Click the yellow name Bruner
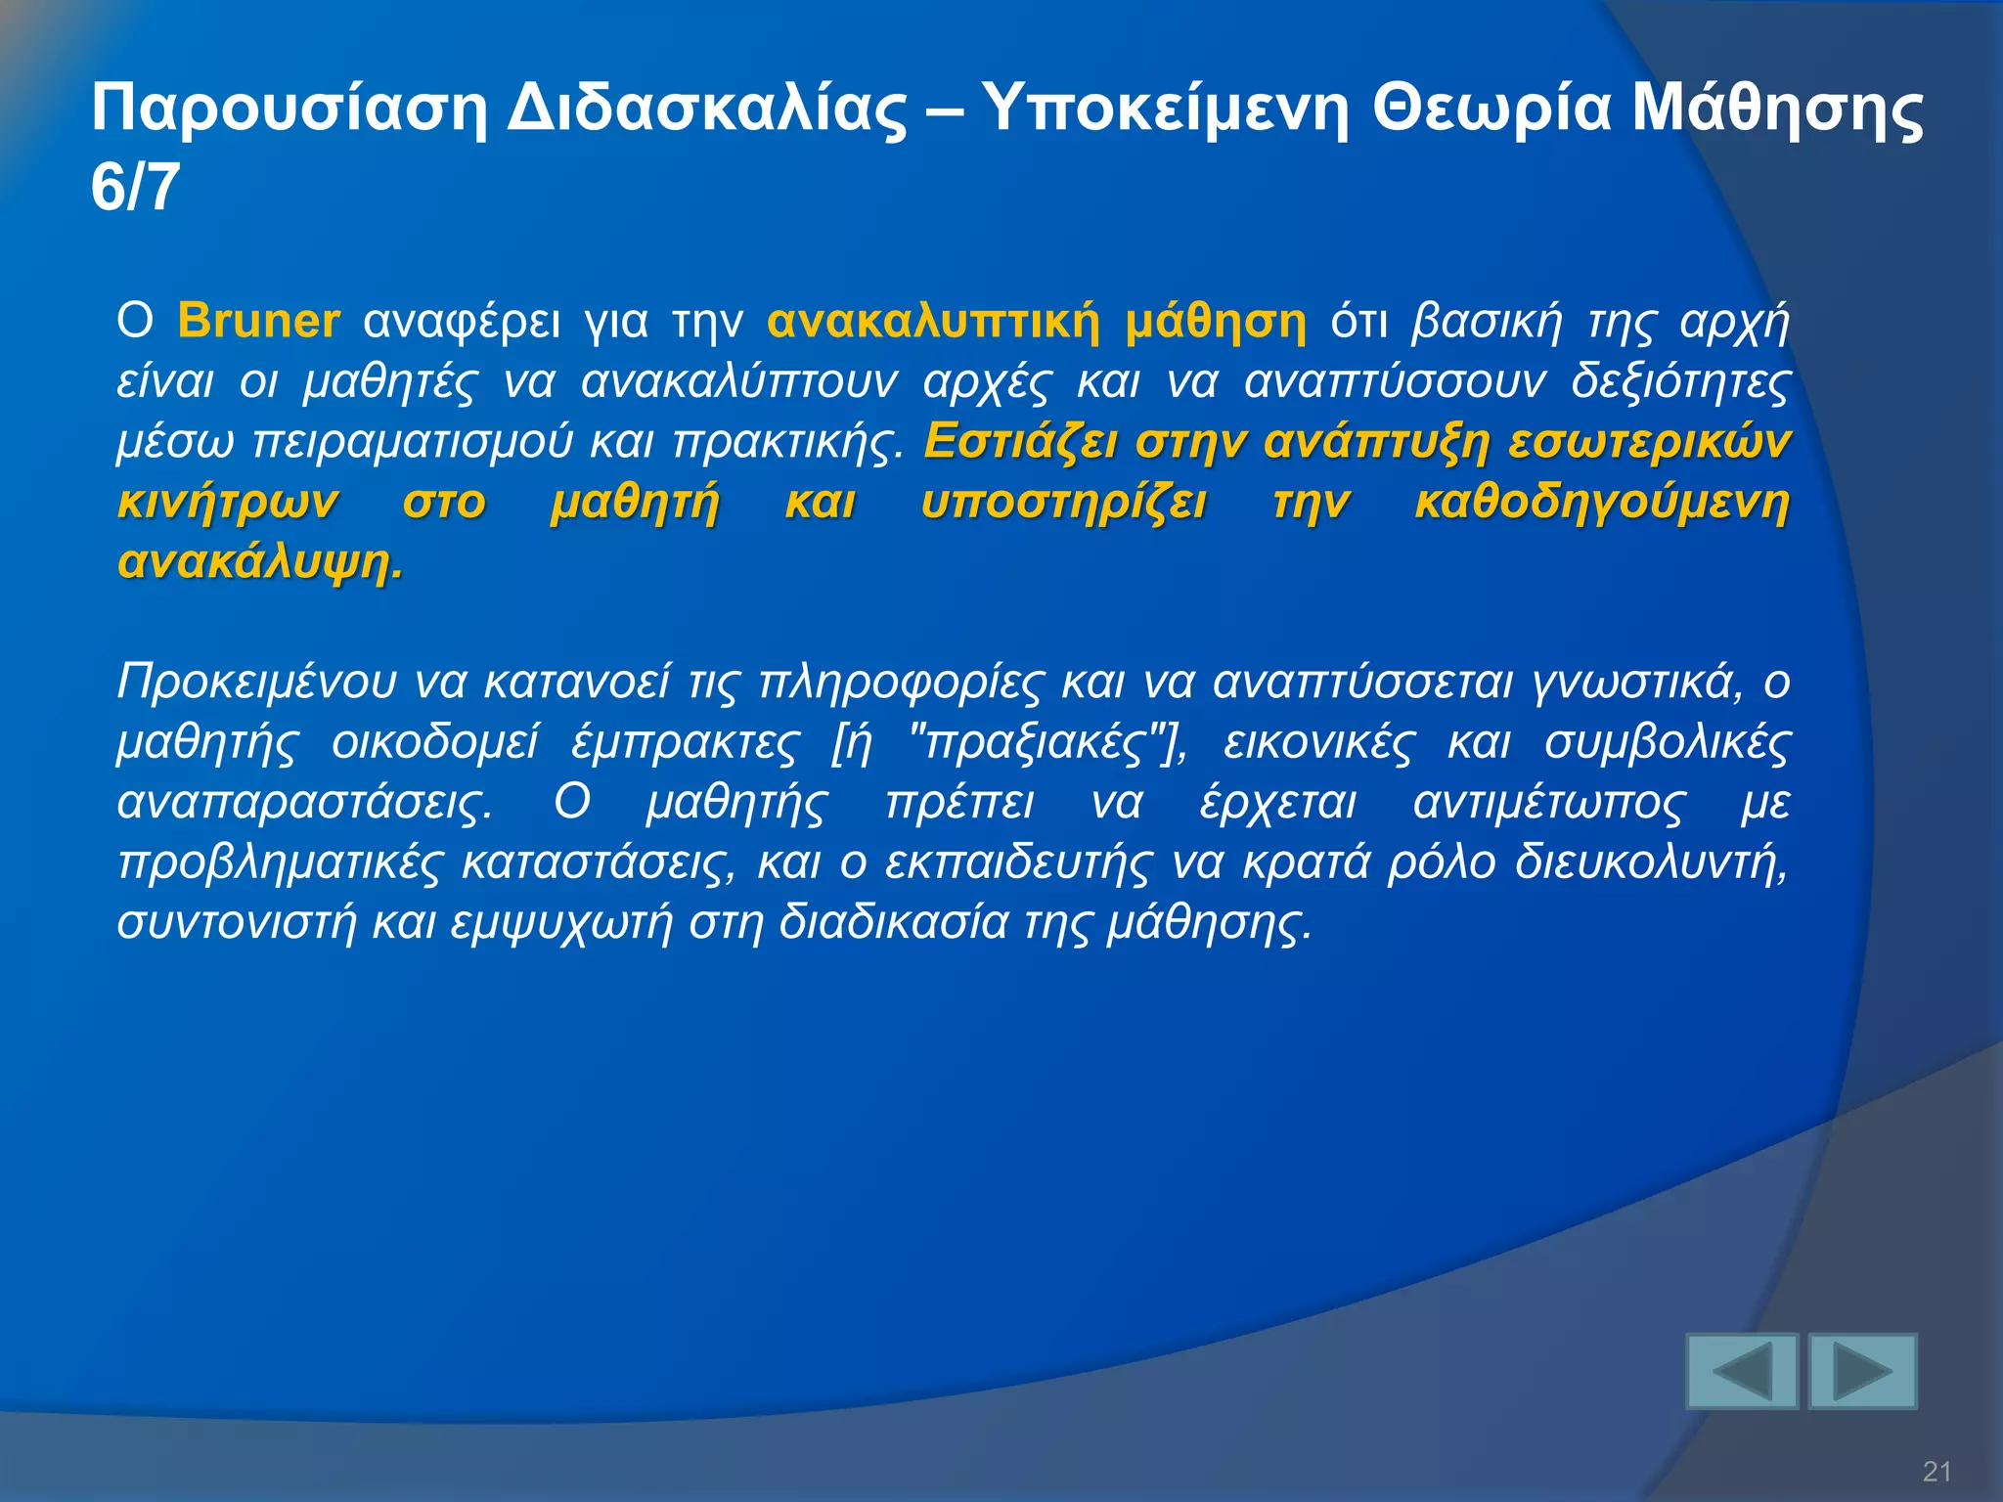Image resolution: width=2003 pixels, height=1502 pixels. tap(258, 322)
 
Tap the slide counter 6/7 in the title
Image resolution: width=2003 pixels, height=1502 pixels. tap(135, 188)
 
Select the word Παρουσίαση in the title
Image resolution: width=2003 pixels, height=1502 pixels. tap(289, 110)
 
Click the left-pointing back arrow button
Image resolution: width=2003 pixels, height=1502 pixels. tap(1742, 1371)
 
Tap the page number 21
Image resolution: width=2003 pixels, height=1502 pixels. tap(1936, 1471)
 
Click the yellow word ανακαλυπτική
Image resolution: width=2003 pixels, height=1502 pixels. tap(934, 322)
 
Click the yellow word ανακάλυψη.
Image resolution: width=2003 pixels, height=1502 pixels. tap(259, 563)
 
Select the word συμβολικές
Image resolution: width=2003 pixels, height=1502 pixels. tap(1667, 743)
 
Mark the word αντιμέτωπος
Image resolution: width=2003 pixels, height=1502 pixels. tap(1549, 803)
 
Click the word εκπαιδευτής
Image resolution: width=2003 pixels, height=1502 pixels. tap(1017, 863)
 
